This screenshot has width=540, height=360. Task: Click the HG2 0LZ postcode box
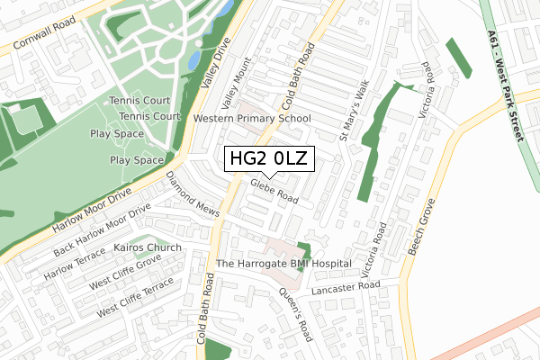(x=269, y=159)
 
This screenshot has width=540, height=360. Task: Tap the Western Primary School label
(x=252, y=118)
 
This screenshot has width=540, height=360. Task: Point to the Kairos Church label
(x=148, y=247)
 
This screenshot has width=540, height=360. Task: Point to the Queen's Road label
(x=294, y=310)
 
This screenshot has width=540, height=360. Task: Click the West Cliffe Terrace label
(x=135, y=297)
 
